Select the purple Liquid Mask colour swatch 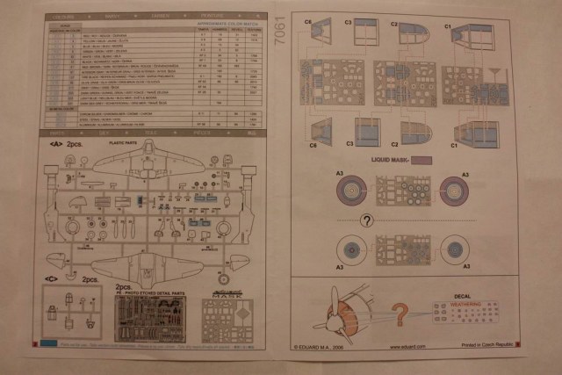tap(422, 161)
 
